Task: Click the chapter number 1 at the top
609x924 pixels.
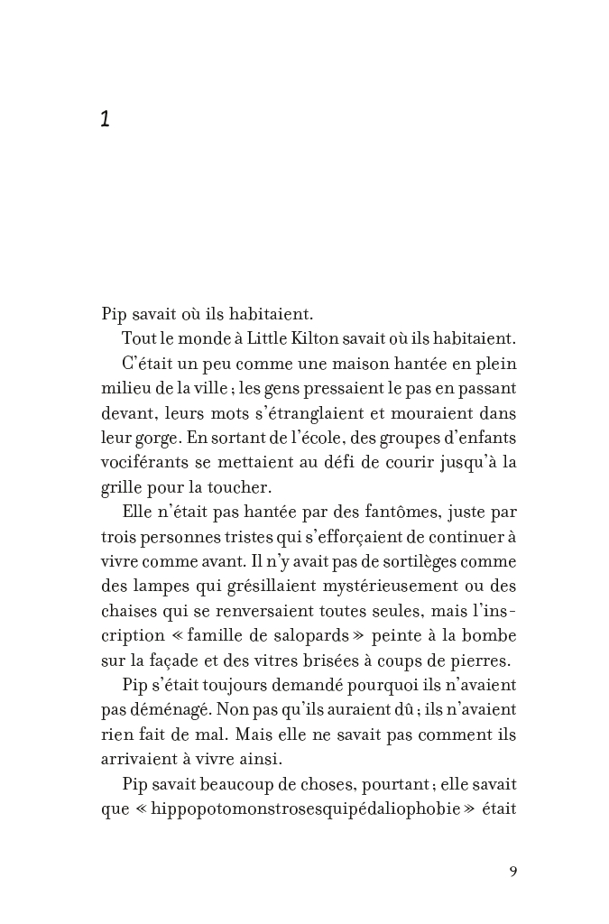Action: [x=106, y=119]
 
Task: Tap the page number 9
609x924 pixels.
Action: [x=512, y=872]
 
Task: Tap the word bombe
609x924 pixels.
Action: [x=494, y=635]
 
